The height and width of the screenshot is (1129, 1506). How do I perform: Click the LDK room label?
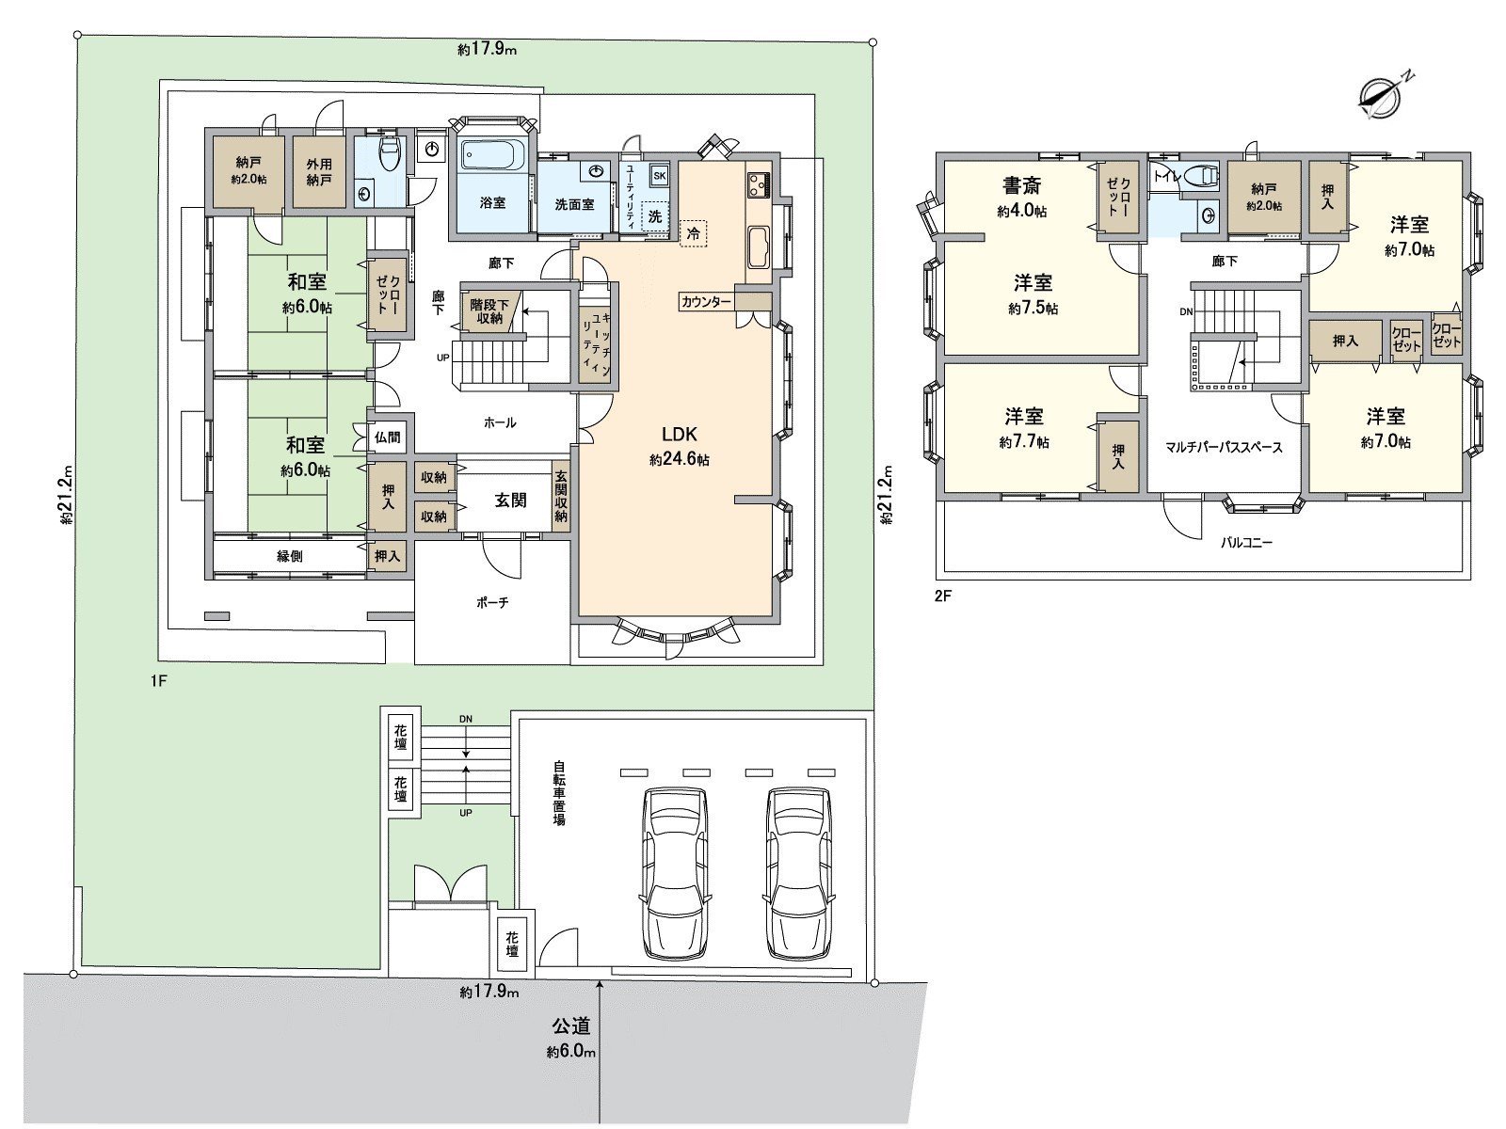pos(679,435)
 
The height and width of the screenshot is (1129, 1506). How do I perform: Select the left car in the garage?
pos(674,871)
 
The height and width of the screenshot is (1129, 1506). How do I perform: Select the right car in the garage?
pos(799,871)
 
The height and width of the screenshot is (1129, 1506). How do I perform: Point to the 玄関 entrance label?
pos(510,501)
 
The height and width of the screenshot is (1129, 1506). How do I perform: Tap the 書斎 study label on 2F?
pos(1020,186)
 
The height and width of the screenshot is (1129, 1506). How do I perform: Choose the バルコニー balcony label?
pos(1246,543)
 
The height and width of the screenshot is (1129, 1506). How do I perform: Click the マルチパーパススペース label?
pos(1224,448)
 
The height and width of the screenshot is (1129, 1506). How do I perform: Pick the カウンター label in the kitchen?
pos(706,302)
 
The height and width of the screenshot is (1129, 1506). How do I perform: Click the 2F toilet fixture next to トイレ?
pos(1200,175)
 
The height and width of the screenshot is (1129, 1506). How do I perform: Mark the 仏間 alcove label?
pos(387,437)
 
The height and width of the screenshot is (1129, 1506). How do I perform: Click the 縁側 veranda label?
pos(289,556)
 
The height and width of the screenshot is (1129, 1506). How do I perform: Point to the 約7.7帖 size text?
pos(1024,441)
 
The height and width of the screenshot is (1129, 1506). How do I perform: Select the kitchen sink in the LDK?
pos(759,246)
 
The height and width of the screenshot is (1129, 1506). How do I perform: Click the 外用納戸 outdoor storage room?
pos(318,171)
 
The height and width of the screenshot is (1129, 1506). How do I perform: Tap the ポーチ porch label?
pos(491,602)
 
